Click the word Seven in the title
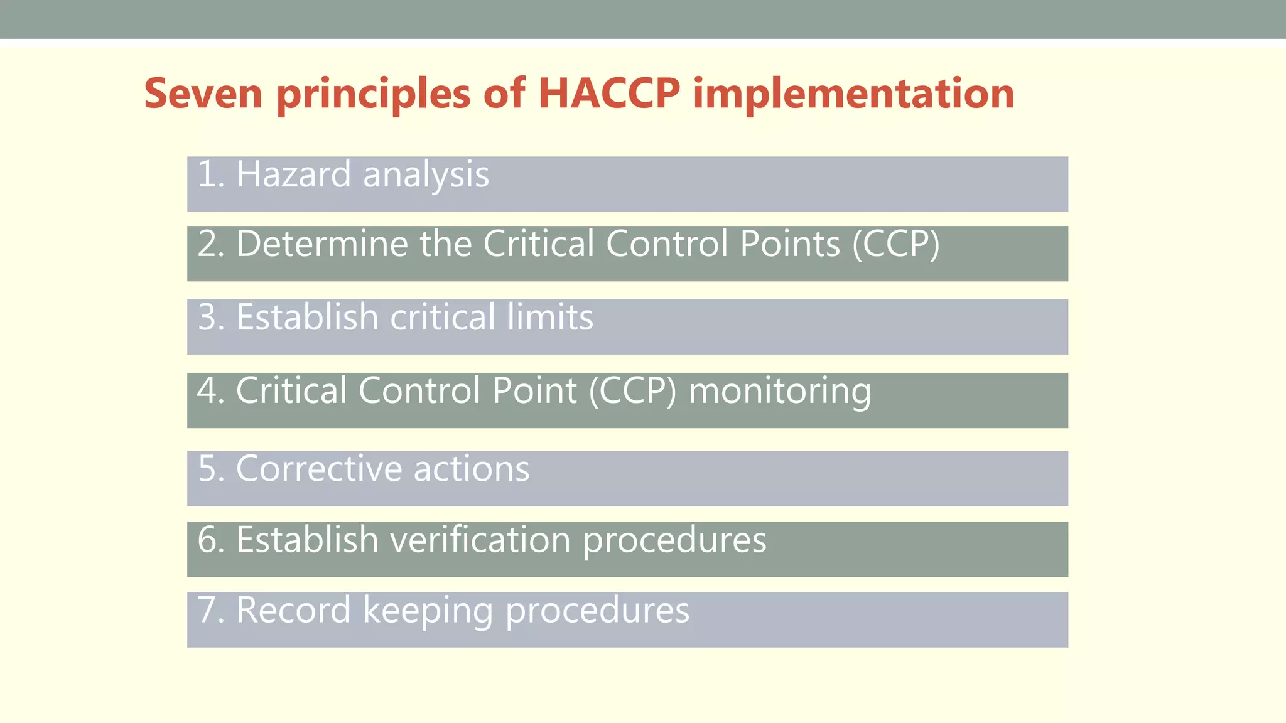[x=203, y=94]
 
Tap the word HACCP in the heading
[x=609, y=94]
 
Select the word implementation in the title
[x=854, y=94]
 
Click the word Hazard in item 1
[x=293, y=174]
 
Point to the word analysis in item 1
[x=426, y=174]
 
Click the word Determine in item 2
[x=322, y=244]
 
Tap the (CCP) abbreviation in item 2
[x=896, y=244]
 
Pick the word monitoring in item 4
[x=780, y=391]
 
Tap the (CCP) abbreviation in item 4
[x=632, y=391]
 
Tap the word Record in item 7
[x=293, y=610]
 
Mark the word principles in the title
[x=373, y=95]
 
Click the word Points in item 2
[x=789, y=244]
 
